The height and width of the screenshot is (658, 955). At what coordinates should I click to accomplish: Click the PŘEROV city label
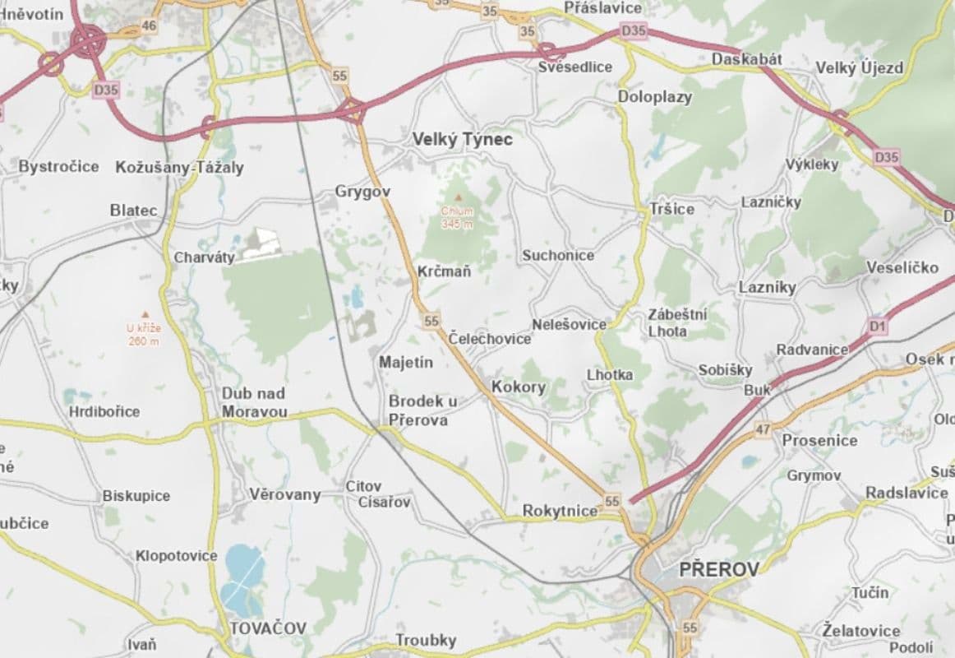(719, 569)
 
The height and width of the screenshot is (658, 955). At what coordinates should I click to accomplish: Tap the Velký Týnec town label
(463, 140)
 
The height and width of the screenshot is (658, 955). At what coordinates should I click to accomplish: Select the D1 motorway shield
(878, 327)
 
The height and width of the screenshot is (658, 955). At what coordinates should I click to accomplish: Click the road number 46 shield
(149, 25)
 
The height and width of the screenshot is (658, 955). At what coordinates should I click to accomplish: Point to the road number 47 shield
(763, 429)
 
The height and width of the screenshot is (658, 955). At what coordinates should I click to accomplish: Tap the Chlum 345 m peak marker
(458, 198)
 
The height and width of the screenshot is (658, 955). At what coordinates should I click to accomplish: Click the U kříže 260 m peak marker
(144, 314)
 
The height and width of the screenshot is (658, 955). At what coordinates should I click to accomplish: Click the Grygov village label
(362, 192)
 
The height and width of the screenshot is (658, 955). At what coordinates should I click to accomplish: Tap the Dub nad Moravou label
(254, 402)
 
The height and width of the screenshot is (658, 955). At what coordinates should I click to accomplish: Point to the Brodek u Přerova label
(422, 410)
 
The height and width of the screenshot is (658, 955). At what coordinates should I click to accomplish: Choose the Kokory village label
(518, 387)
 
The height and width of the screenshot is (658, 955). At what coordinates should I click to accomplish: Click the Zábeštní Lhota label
(677, 322)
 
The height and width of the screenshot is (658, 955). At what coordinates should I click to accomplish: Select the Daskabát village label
(746, 60)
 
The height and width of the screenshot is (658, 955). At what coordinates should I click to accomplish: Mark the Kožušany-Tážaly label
(179, 167)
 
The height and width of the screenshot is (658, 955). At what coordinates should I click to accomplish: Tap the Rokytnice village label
(560, 511)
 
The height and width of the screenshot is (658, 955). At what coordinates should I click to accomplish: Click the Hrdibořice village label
(104, 411)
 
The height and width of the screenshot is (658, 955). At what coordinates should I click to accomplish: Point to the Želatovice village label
(860, 631)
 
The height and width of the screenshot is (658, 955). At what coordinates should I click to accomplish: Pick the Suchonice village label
(558, 255)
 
